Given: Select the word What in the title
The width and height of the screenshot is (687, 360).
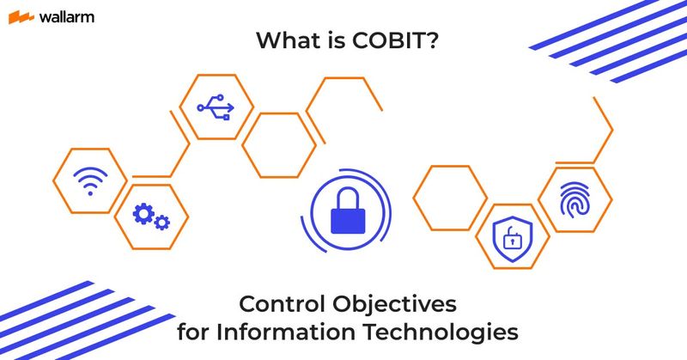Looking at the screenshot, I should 288,41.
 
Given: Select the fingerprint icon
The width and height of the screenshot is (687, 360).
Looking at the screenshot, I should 575,198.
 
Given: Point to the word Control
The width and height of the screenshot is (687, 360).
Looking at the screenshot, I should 277,303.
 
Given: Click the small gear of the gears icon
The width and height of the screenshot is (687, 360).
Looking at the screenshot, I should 161,223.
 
